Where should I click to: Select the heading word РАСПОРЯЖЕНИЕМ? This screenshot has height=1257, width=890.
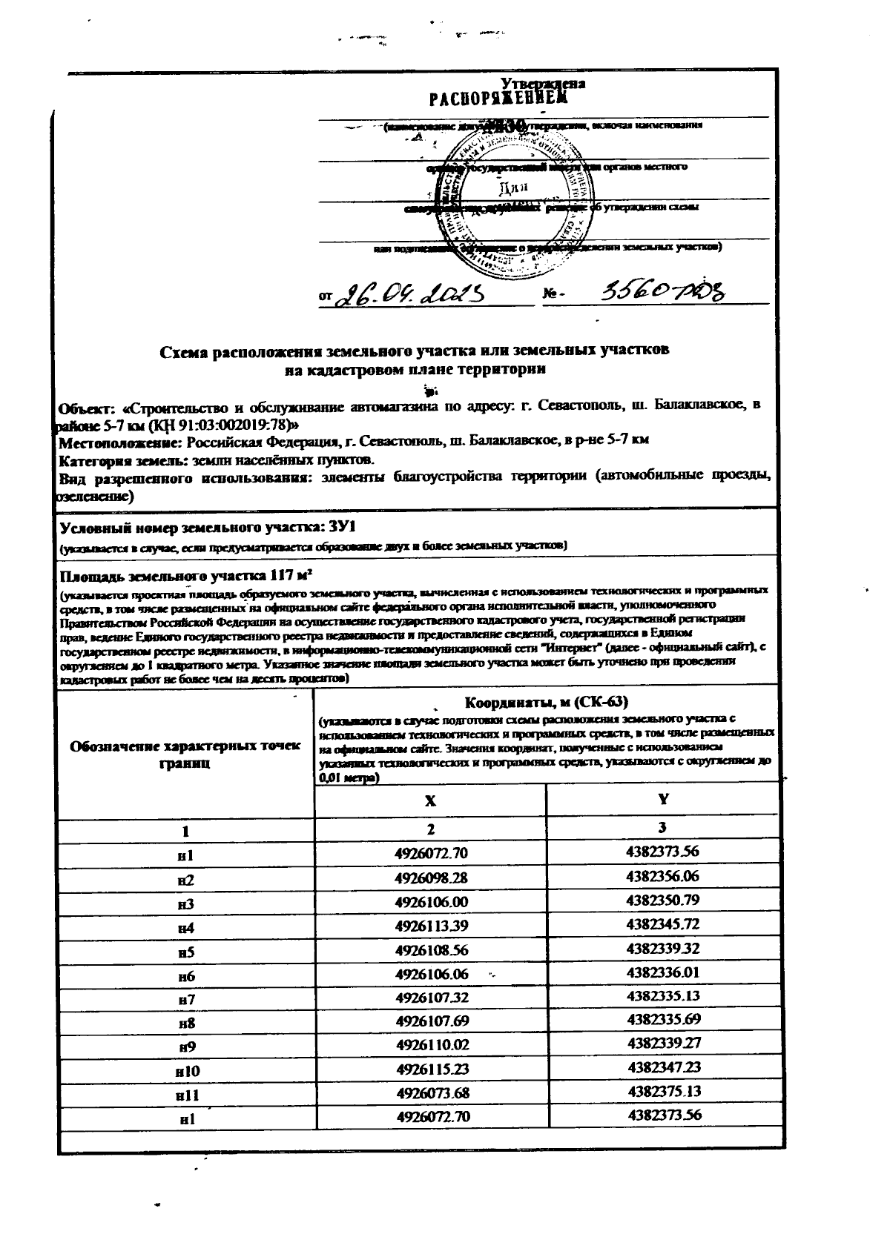(498, 99)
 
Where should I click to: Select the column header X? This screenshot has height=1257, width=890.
(430, 801)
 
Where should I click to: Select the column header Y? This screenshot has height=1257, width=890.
(663, 800)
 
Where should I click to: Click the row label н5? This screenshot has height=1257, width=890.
(186, 951)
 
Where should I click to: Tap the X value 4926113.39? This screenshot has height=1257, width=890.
(432, 926)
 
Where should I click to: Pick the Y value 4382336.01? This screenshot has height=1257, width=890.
(663, 972)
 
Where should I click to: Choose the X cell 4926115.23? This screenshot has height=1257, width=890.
(432, 1069)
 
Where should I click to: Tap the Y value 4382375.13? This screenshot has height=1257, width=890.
(663, 1091)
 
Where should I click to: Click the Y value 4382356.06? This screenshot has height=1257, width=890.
(663, 876)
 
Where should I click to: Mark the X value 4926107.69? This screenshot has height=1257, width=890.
(432, 1021)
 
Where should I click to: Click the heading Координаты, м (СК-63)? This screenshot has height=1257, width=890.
(547, 701)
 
